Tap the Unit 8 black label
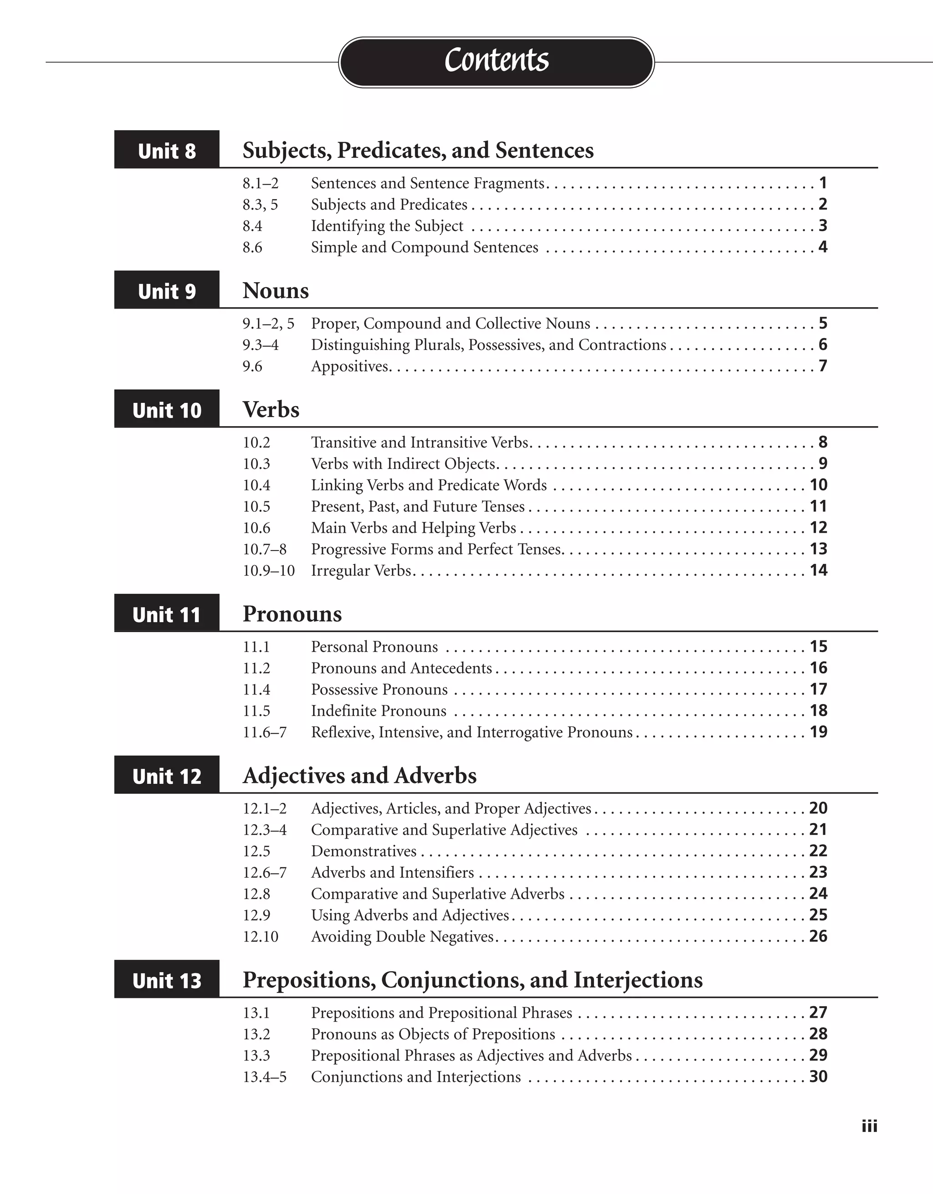coord(167,150)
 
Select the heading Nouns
coord(276,291)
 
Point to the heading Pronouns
coord(292,614)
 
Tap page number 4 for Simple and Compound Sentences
coord(823,247)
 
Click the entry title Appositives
coord(350,366)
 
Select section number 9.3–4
coord(260,345)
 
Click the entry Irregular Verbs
coord(361,571)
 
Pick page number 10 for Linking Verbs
coord(818,485)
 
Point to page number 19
coord(818,732)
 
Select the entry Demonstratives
coord(364,851)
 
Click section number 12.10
coord(260,937)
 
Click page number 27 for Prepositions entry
coord(818,1013)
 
